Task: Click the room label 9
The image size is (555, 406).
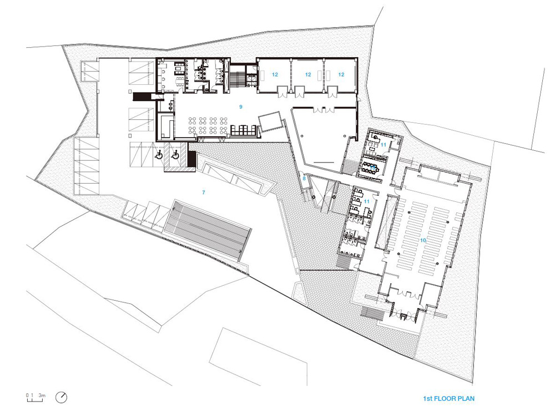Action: (241, 107)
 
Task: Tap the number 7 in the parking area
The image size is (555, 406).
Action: (204, 192)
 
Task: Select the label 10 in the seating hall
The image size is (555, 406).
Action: (422, 240)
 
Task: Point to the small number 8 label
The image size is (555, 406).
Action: (304, 179)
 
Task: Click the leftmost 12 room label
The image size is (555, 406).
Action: (275, 75)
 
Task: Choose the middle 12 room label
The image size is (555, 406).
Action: (308, 75)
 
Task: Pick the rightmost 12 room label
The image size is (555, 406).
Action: (341, 75)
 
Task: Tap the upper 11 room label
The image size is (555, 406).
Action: (384, 145)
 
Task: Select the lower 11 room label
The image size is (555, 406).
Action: (367, 201)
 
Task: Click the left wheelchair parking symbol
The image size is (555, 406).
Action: (159, 154)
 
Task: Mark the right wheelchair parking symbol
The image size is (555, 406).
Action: (175, 154)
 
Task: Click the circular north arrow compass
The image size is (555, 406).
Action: (62, 397)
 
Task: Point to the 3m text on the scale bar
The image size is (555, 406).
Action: (42, 395)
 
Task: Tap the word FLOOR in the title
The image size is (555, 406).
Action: (443, 399)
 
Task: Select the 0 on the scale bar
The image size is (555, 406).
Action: (27, 395)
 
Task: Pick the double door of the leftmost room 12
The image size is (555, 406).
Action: (283, 92)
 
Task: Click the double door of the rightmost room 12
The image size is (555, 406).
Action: (333, 92)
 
